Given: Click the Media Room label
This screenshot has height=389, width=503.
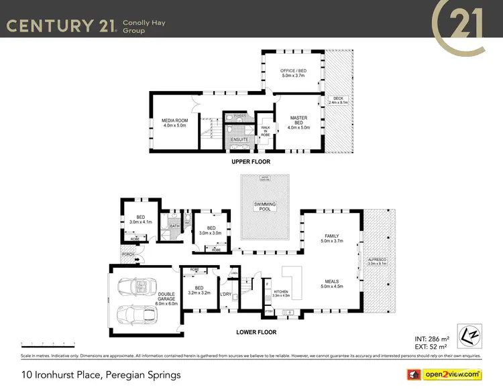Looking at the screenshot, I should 173,123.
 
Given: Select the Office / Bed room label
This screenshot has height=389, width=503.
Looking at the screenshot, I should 292,73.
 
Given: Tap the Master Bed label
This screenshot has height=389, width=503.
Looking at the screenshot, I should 298,122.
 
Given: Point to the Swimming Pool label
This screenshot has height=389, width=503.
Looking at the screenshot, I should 265,206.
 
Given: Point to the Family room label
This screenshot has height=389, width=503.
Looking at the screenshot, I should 331,238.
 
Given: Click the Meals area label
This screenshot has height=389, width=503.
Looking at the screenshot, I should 331,284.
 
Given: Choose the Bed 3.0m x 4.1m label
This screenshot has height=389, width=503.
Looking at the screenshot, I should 141,219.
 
